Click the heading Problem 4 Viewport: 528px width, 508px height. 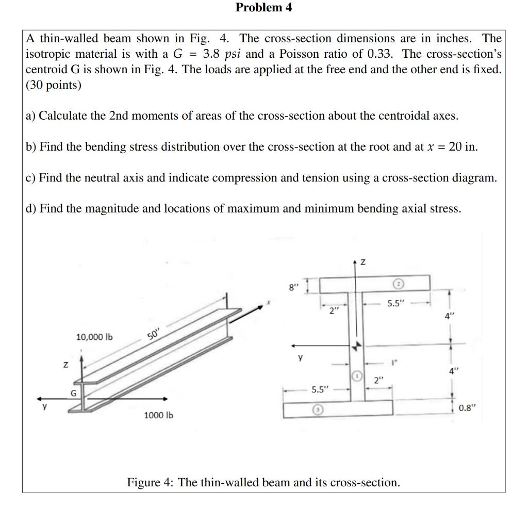[x=263, y=8]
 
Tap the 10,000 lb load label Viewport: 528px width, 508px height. [x=94, y=337]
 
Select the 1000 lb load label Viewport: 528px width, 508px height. [x=159, y=415]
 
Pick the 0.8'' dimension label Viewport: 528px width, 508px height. [x=468, y=408]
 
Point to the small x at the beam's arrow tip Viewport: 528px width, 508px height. [x=269, y=303]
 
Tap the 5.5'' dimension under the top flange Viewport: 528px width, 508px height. [x=398, y=304]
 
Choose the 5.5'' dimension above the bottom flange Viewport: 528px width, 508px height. [x=320, y=389]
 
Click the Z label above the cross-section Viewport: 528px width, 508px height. [x=363, y=263]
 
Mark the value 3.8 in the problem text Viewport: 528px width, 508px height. [x=213, y=54]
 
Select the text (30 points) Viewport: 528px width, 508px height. [x=54, y=85]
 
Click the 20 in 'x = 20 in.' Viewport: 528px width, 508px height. [x=456, y=146]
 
